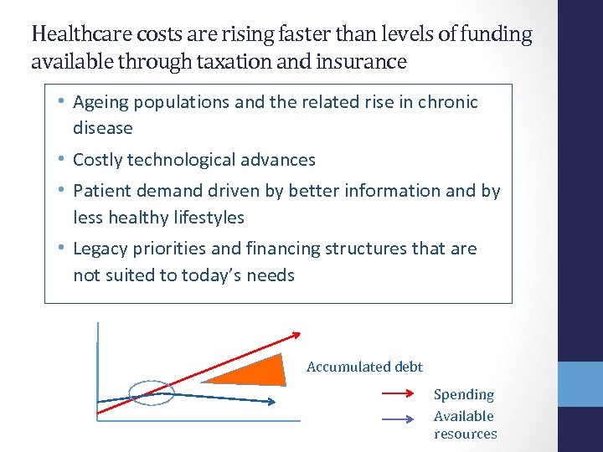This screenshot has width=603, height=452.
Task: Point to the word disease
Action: point(103,128)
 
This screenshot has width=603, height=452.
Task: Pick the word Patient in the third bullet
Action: point(102,191)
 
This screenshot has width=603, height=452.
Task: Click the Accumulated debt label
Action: point(364,367)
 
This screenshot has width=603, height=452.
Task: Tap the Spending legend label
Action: point(464,394)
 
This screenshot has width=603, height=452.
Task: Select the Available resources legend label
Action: point(465,424)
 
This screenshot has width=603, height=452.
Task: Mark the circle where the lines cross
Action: point(152,393)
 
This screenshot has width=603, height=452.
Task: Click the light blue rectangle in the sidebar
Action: point(580,383)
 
